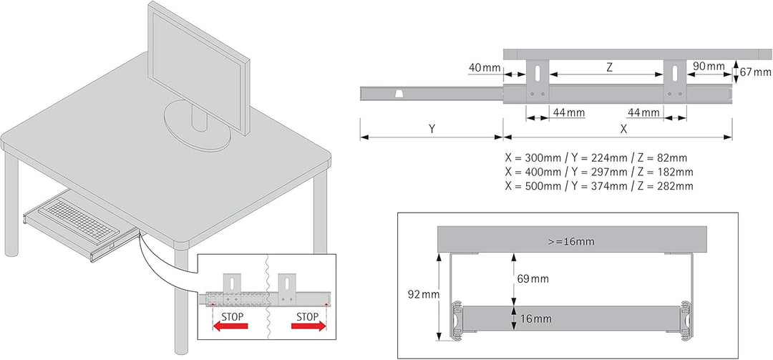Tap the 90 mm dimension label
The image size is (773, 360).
[709, 66]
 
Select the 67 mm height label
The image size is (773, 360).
[755, 72]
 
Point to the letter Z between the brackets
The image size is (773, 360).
[609, 69]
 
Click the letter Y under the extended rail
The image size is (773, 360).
[432, 130]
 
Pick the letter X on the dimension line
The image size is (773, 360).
[623, 130]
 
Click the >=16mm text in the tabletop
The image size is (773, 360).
[571, 242]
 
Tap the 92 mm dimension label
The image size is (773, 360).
[424, 294]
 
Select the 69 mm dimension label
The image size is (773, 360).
[533, 279]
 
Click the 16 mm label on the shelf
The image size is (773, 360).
[535, 319]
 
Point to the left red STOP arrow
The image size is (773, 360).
[230, 326]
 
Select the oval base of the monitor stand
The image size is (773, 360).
[198, 126]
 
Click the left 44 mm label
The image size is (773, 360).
[569, 113]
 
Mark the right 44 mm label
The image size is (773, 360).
[643, 113]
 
